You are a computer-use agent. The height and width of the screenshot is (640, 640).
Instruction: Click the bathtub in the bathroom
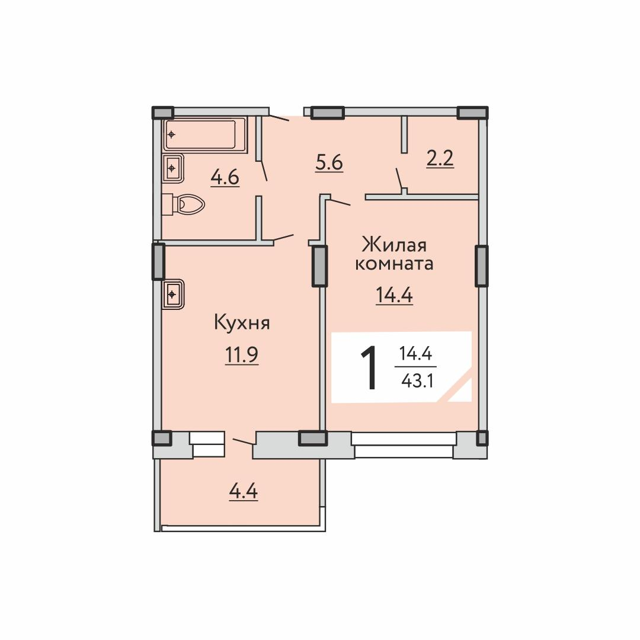(x=205, y=135)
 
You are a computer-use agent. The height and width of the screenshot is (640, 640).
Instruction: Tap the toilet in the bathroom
(x=184, y=204)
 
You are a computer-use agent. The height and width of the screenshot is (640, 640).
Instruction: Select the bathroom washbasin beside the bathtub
(x=173, y=168)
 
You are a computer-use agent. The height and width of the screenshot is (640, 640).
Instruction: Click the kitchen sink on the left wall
(x=173, y=294)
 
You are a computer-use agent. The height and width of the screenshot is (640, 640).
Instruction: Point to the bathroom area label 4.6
(x=225, y=178)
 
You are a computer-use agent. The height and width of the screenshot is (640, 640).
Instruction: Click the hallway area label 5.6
(x=329, y=164)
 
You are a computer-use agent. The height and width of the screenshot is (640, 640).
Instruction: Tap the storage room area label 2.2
(x=440, y=159)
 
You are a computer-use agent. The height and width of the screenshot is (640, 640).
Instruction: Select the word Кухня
(x=242, y=324)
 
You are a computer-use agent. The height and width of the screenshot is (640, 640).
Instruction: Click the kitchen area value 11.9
(x=242, y=355)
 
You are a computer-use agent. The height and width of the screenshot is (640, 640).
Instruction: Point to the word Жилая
(x=394, y=246)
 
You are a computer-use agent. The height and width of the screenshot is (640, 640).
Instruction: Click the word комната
(x=394, y=264)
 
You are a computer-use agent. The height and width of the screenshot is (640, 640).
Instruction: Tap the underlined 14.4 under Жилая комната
(x=394, y=295)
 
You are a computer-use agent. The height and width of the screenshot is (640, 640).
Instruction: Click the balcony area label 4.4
(x=244, y=491)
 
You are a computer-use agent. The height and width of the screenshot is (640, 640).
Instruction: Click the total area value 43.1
(x=417, y=381)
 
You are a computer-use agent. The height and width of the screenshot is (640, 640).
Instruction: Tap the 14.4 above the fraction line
(x=415, y=353)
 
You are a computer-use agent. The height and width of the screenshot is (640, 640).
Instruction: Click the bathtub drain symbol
(x=172, y=135)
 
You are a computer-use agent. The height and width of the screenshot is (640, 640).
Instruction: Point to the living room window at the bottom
(x=404, y=445)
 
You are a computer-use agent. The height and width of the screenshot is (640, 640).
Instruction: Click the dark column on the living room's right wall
(x=482, y=266)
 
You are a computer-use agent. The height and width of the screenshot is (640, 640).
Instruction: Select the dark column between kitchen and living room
(x=319, y=266)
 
